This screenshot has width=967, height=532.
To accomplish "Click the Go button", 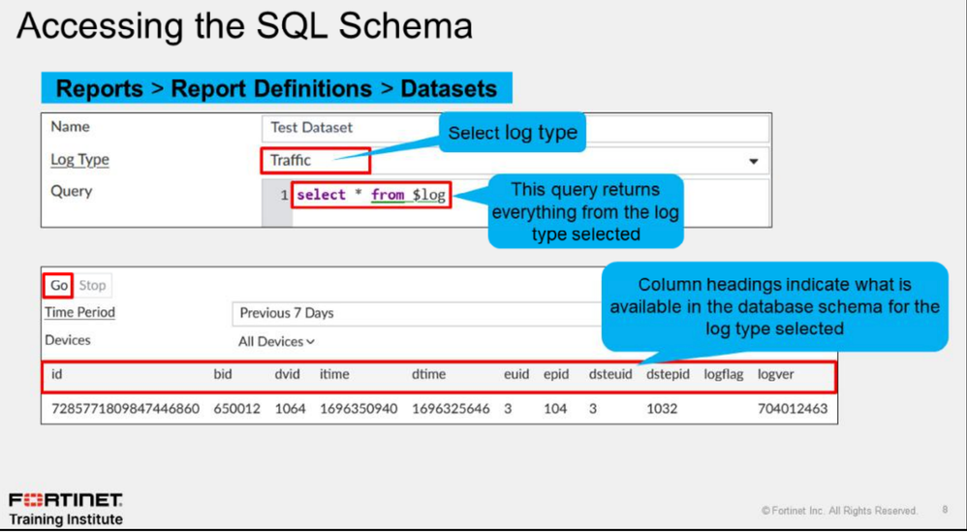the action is [58, 286].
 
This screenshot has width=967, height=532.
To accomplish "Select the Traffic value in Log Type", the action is [291, 160].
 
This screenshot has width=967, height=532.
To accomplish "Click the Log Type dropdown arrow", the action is [753, 162].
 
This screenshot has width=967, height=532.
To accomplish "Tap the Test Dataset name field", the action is [515, 128].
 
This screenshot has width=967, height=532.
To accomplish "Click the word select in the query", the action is [321, 195].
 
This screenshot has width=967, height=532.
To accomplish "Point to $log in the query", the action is [428, 196].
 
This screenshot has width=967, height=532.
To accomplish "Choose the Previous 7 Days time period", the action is [286, 313].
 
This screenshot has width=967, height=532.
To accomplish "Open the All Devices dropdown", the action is [276, 341].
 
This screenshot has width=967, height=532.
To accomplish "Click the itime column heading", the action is [334, 374].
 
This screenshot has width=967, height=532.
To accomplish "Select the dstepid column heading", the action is [668, 375].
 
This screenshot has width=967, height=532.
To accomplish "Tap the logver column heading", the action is [776, 375].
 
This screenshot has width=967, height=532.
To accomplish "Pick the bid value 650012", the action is [236, 409].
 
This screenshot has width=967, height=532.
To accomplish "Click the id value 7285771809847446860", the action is [125, 409].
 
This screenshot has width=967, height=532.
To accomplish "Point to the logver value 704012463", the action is [793, 409].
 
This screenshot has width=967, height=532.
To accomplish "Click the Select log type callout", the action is [512, 133].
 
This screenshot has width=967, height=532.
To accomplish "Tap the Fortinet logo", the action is [66, 498].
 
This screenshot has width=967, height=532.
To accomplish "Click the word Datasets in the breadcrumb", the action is [449, 89].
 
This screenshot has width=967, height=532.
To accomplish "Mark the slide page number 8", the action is [945, 510].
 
